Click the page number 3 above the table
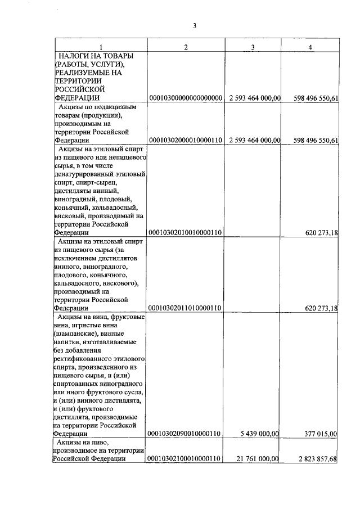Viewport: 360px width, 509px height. pos(193,25)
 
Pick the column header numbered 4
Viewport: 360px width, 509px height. pos(310,47)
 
